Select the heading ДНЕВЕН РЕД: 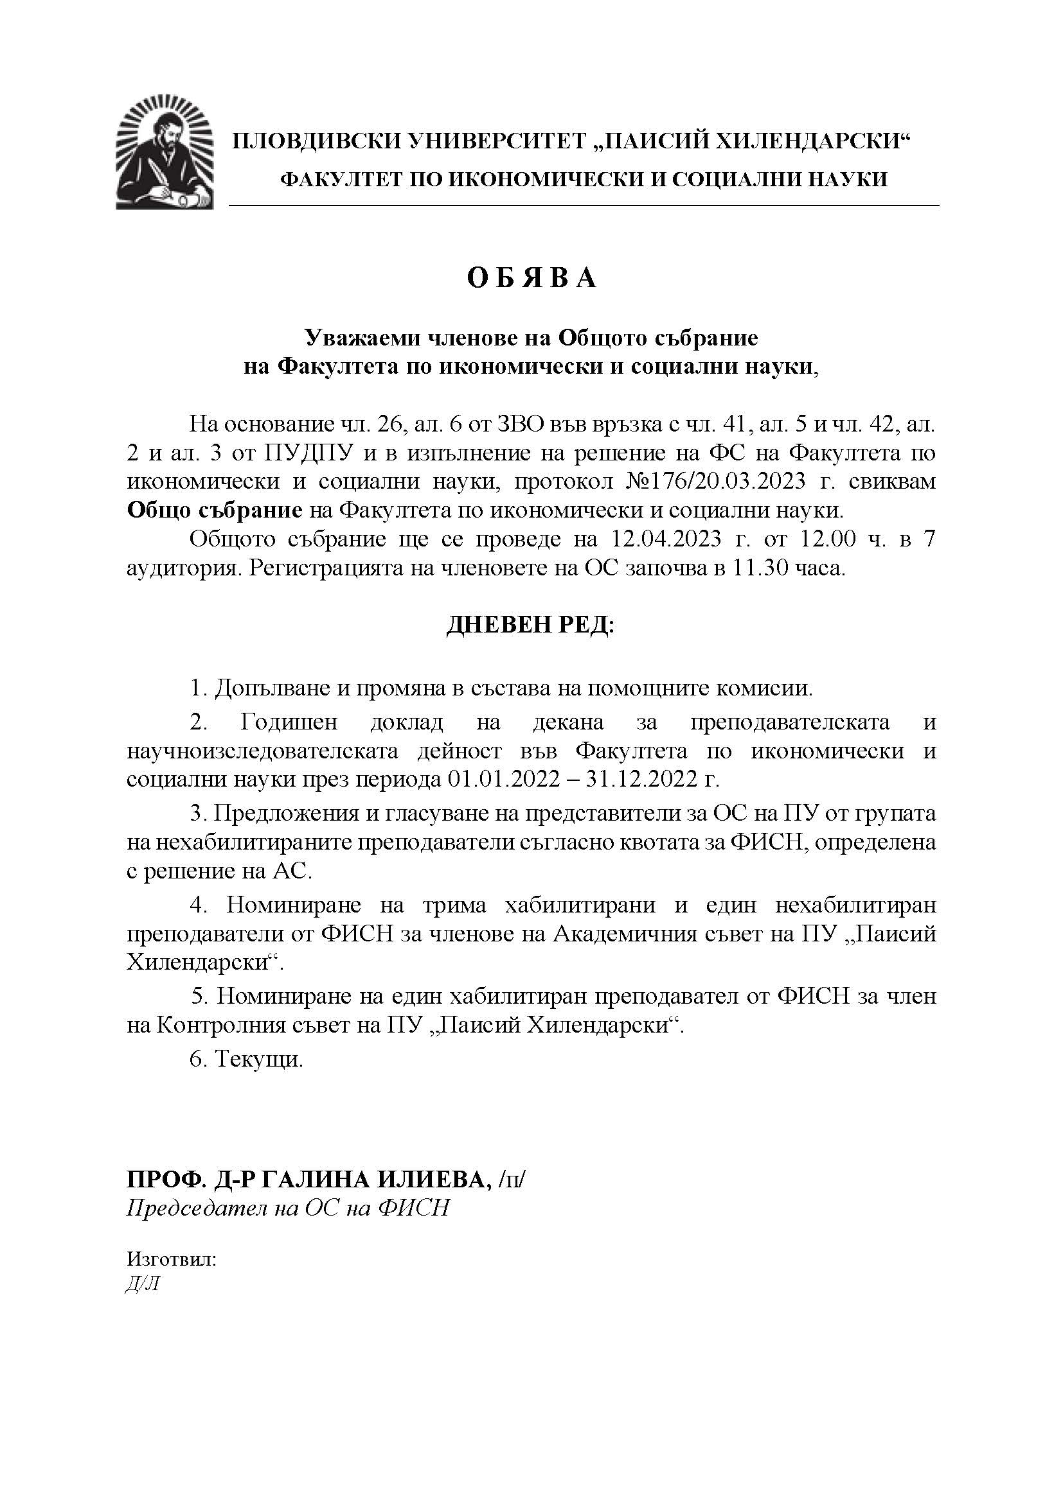point(531,625)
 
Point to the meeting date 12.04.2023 point(666,539)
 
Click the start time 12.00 point(821,539)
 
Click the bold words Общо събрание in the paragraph point(214,511)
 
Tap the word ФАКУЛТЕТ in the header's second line point(333,179)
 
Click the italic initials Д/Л point(143,1284)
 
